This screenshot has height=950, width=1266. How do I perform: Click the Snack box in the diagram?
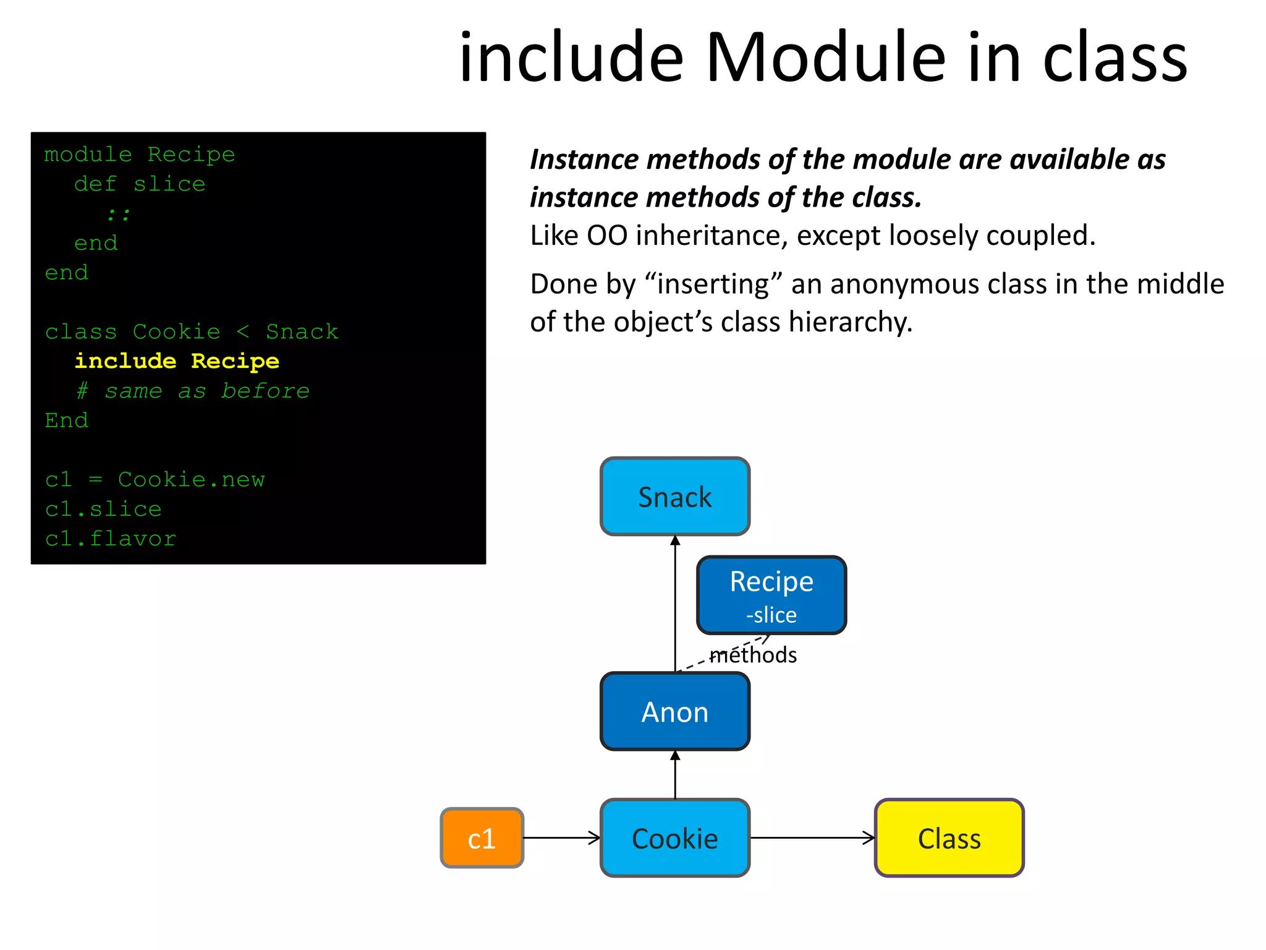pyautogui.click(x=674, y=497)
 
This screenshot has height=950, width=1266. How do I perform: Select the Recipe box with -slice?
pyautogui.click(x=771, y=595)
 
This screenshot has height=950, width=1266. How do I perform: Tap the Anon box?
pyautogui.click(x=674, y=711)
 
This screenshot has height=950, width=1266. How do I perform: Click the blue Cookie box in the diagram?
pyautogui.click(x=674, y=838)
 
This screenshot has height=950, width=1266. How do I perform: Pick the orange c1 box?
pyautogui.click(x=482, y=838)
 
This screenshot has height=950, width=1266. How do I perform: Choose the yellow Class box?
pyautogui.click(x=949, y=838)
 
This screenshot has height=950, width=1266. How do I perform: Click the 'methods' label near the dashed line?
pyautogui.click(x=753, y=655)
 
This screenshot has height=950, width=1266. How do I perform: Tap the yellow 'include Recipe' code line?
pyautogui.click(x=177, y=361)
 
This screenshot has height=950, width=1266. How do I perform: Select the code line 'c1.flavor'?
pyautogui.click(x=111, y=539)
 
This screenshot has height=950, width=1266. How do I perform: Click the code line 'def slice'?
pyautogui.click(x=140, y=184)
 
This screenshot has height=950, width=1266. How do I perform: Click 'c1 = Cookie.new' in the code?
pyautogui.click(x=155, y=479)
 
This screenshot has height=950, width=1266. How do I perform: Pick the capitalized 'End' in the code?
pyautogui.click(x=67, y=421)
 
